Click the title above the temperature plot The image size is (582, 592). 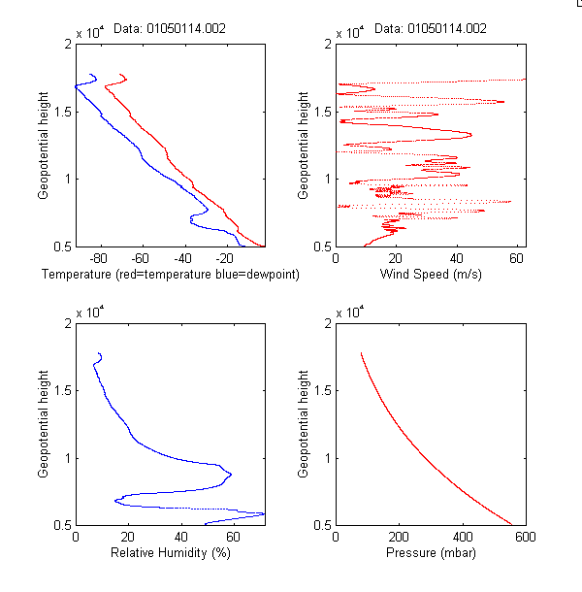coord(170,29)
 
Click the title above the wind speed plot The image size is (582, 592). coord(430,29)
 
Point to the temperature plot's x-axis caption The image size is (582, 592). coord(171,275)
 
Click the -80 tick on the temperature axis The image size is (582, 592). coord(98,259)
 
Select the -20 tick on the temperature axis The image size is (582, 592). coord(224,259)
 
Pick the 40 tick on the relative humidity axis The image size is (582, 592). coord(180,538)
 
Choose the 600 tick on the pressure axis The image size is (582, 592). coord(525,538)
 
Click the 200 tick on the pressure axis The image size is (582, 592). coord(399,538)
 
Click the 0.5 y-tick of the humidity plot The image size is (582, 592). coord(64,525)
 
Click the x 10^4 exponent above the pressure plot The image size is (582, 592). coord(349,312)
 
